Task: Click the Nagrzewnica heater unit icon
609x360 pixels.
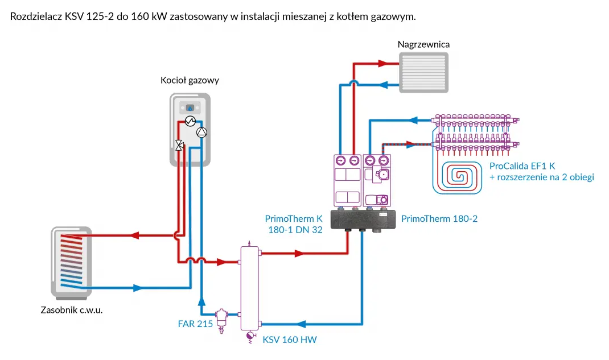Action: pyautogui.click(x=423, y=72)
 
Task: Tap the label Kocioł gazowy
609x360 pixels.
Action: pyautogui.click(x=190, y=81)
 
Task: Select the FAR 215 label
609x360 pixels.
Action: pyautogui.click(x=195, y=324)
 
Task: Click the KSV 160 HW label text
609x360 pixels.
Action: pyautogui.click(x=289, y=340)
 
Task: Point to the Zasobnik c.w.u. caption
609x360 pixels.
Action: pyautogui.click(x=72, y=311)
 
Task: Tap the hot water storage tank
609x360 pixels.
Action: pyautogui.click(x=71, y=262)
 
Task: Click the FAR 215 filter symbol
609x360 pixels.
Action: pyautogui.click(x=220, y=316)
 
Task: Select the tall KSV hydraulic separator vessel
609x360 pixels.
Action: pyautogui.click(x=249, y=288)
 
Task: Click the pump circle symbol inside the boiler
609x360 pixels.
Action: pyautogui.click(x=201, y=132)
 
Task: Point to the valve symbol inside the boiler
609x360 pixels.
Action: pyautogui.click(x=179, y=145)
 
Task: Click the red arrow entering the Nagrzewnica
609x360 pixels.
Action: pyautogui.click(x=391, y=64)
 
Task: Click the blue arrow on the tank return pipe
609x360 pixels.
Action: pyautogui.click(x=137, y=288)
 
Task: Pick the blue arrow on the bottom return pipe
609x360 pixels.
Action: pyautogui.click(x=302, y=324)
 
